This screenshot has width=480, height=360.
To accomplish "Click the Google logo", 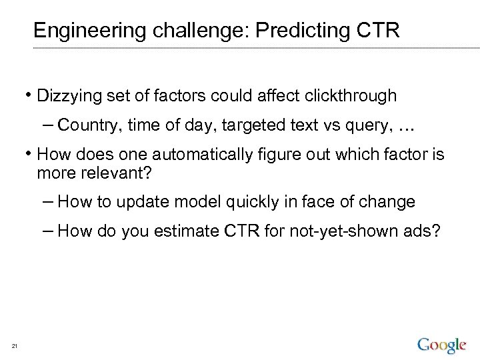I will [x=441, y=345].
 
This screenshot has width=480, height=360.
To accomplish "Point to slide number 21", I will [x=14, y=345].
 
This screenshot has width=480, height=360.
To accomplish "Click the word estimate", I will [x=181, y=231].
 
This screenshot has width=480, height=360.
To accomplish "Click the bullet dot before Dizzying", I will [x=31, y=95].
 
